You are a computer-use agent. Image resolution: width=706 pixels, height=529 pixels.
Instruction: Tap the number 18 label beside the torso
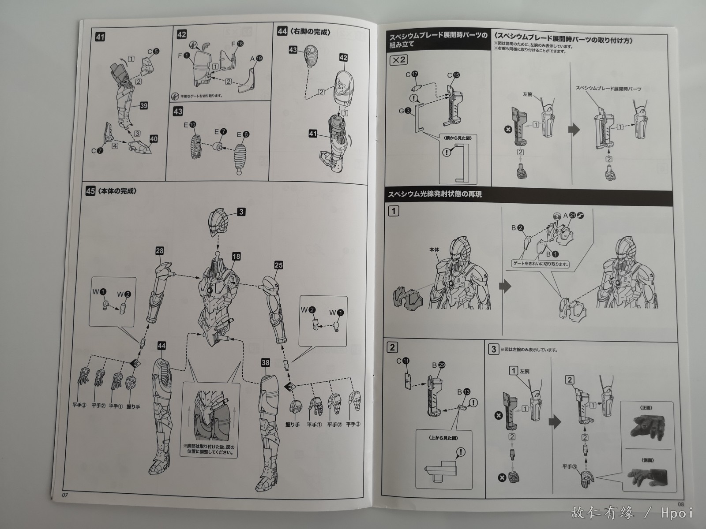click(237, 257)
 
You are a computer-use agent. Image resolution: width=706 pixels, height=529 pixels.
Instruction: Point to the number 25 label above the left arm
click(278, 265)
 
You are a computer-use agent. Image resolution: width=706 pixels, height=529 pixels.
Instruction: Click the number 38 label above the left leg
click(265, 363)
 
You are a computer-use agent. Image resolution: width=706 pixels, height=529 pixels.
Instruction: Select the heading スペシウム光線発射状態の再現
click(434, 194)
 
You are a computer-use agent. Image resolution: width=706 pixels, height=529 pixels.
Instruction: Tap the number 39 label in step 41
click(144, 105)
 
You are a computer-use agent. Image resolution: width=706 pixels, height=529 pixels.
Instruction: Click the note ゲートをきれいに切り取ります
click(540, 265)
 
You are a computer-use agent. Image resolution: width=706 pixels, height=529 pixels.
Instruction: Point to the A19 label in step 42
click(256, 58)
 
